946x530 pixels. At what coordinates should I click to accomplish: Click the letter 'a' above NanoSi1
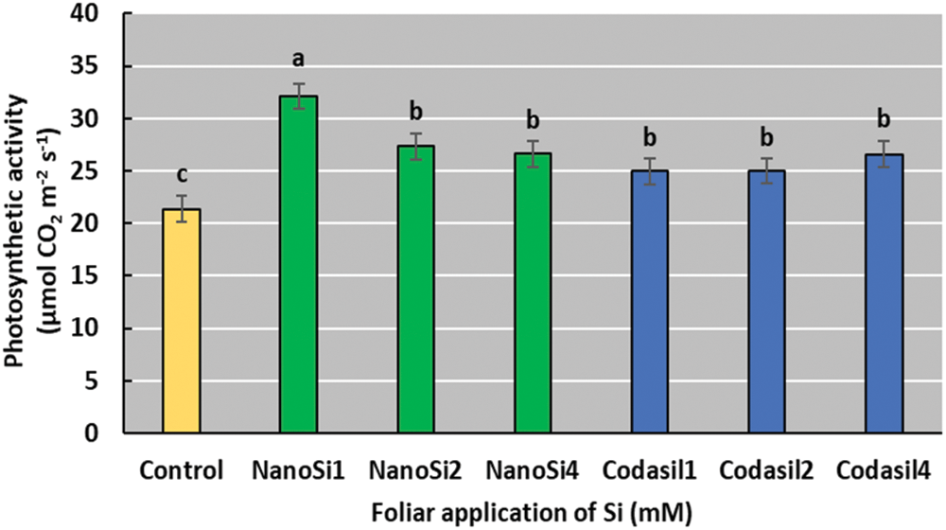tap(298, 60)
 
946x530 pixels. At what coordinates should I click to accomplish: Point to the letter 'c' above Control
tap(181, 174)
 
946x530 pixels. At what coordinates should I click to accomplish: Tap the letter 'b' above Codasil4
tap(885, 120)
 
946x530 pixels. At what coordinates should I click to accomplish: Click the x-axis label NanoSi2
tap(416, 469)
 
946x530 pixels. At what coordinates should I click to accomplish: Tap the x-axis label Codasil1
tap(650, 469)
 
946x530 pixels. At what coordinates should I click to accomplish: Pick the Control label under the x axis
tap(181, 469)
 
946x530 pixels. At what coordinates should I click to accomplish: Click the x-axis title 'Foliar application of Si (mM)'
tap(533, 511)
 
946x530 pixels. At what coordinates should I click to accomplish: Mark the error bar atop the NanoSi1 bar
tap(298, 96)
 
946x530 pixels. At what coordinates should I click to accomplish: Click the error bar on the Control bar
tap(181, 208)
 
